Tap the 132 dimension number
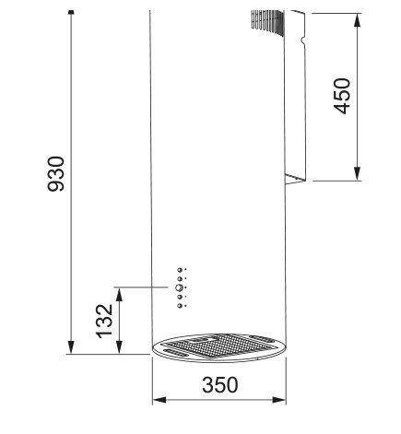tap(105, 319)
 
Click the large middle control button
tap(179, 287)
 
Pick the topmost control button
tap(179, 270)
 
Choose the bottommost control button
tap(179, 304)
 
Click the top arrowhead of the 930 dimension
tap(72, 18)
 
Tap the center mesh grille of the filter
tap(218, 347)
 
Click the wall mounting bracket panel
tap(297, 101)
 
